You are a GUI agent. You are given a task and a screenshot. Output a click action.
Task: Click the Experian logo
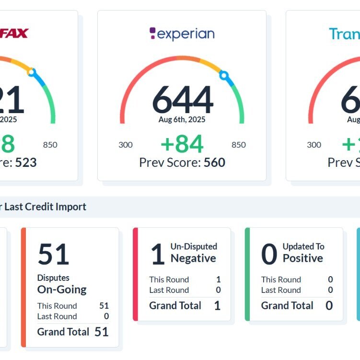tap(182, 34)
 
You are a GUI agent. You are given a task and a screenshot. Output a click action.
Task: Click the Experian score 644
tap(182, 99)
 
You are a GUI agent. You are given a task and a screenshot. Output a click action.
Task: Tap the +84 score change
tap(182, 144)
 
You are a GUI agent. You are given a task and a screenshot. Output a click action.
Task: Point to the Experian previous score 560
tap(214, 163)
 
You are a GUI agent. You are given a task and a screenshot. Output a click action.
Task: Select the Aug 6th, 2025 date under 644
tap(182, 120)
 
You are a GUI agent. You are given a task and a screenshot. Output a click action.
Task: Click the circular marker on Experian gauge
tap(223, 75)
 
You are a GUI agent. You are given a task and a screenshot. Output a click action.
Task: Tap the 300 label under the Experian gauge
tap(126, 145)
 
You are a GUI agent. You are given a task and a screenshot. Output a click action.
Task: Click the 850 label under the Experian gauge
tap(238, 145)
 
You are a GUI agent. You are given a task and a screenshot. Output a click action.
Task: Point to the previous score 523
tap(26, 163)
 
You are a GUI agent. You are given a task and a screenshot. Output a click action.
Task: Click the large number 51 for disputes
tap(53, 254)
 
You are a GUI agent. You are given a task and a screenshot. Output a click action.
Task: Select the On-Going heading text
tap(62, 290)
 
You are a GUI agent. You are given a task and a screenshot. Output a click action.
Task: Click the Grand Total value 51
tap(101, 332)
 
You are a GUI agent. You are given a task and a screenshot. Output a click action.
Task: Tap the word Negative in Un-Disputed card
tap(193, 258)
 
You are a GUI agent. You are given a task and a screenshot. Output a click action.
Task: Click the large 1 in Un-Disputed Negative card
tap(158, 255)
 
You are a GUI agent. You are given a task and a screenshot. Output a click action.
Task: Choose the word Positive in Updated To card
tap(303, 258)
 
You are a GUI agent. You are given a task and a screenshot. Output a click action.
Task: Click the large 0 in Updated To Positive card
tap(269, 255)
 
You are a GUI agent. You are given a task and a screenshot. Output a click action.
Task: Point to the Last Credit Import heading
tap(46, 207)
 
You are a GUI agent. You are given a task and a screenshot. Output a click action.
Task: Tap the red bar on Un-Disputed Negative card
tap(135, 274)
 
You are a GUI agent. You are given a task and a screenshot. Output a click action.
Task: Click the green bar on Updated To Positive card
tap(247, 274)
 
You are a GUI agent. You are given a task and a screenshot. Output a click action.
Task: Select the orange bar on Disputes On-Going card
tap(23, 287)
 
